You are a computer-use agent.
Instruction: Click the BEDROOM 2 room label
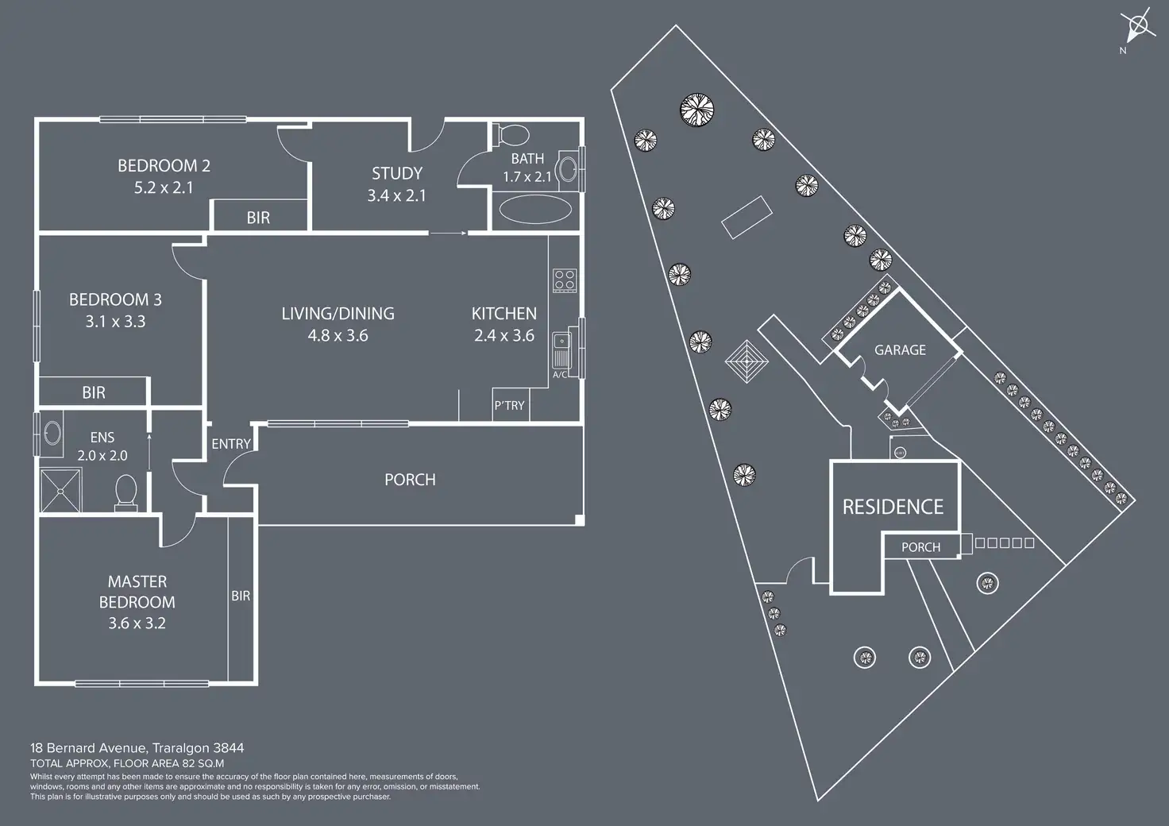(164, 166)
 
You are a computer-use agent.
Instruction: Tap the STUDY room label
(396, 173)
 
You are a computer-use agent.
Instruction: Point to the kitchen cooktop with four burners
(565, 280)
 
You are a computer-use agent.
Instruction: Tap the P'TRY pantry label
(509, 405)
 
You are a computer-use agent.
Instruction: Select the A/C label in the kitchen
(560, 375)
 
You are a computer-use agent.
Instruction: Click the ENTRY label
(231, 444)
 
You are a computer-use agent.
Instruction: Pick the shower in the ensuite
(60, 488)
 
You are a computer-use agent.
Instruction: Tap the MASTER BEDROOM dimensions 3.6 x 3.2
(137, 623)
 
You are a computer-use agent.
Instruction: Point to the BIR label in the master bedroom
(240, 596)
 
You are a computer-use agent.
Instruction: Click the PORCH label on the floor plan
(410, 480)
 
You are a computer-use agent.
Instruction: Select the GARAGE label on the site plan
(900, 349)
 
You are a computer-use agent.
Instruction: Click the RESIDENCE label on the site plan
(893, 507)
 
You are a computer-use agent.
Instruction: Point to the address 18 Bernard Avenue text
(137, 747)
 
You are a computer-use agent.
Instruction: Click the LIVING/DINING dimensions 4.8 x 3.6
(338, 336)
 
